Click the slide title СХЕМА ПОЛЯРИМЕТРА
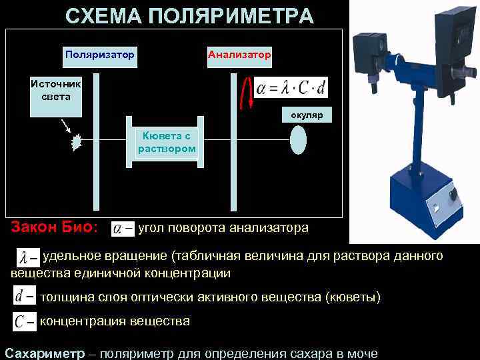(x=189, y=15)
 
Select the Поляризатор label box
(x=99, y=55)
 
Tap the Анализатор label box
(x=239, y=55)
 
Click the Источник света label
(x=55, y=90)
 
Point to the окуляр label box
(x=306, y=115)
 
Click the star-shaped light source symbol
(x=77, y=141)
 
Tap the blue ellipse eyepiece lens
(x=298, y=141)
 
